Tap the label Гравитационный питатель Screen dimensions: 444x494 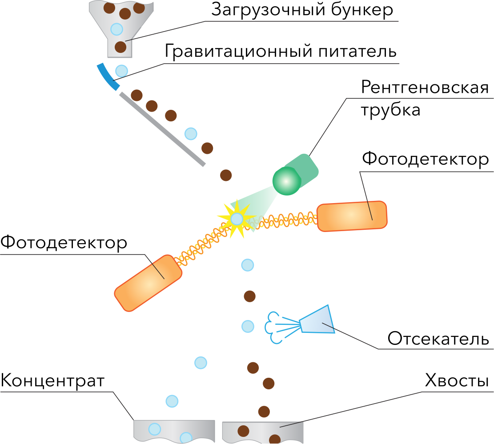point(280,52)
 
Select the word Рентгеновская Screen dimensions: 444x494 point(425,87)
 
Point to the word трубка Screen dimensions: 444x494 point(390,109)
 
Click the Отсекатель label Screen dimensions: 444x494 point(438,339)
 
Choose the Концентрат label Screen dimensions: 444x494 point(52,381)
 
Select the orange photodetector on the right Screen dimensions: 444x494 point(352,216)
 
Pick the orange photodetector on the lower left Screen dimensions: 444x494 point(149,282)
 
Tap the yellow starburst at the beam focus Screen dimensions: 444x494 point(237,218)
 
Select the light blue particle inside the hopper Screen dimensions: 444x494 point(116,29)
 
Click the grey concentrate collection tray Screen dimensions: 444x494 point(173,430)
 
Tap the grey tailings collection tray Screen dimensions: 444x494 point(262,430)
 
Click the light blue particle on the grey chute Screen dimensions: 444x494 point(190,133)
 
